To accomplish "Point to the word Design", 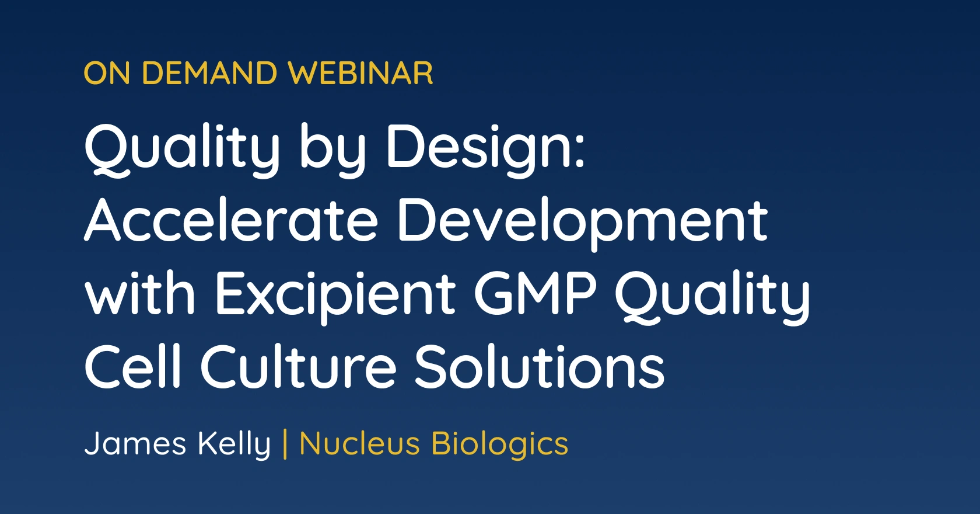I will pos(478,148).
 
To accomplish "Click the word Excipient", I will pos(335,296).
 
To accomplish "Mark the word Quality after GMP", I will pos(712,296).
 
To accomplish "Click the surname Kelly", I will pos(235,444).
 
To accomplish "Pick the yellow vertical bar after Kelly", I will pos(285,444).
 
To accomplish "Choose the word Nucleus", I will pos(359,443).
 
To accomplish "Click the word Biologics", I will pos(499,444).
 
